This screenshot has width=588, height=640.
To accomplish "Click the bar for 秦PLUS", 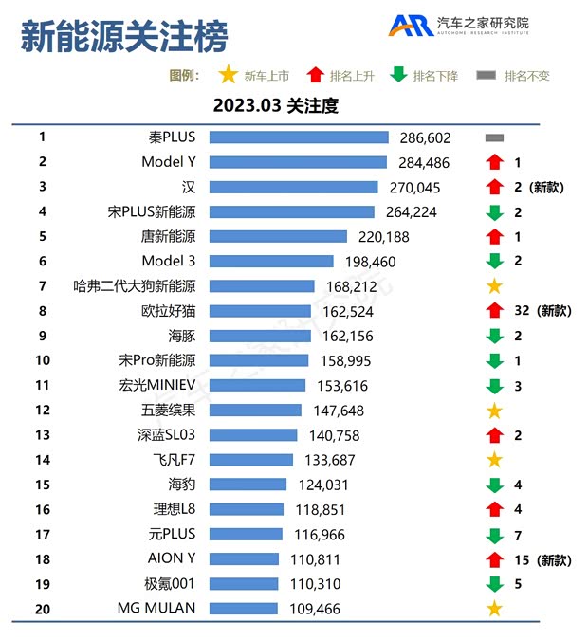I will point(298,137).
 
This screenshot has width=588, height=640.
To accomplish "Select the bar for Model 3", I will point(270,261).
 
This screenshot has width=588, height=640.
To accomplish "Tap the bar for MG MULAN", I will point(243,608).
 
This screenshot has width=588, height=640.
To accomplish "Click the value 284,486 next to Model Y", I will point(421,163).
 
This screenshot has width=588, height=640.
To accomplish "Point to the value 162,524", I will point(345,311).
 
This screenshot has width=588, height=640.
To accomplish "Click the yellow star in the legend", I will point(228,76).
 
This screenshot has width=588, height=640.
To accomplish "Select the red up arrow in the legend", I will point(315,76).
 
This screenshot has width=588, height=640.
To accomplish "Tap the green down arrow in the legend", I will point(398,76).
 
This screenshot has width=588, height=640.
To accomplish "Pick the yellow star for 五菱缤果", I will point(494,411).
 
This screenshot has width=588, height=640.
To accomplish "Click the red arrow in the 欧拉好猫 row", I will point(494,311).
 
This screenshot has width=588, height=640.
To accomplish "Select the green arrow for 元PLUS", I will point(494,535).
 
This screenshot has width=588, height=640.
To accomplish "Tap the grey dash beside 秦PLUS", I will point(494,138).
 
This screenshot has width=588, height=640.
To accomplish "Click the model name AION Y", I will point(172,558).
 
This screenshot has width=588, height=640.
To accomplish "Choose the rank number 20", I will point(43,608).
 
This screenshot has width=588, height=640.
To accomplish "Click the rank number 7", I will point(43,285).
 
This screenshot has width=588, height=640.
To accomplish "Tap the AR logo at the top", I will point(410,26).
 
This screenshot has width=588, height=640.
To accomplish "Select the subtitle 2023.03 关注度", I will point(275,105).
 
